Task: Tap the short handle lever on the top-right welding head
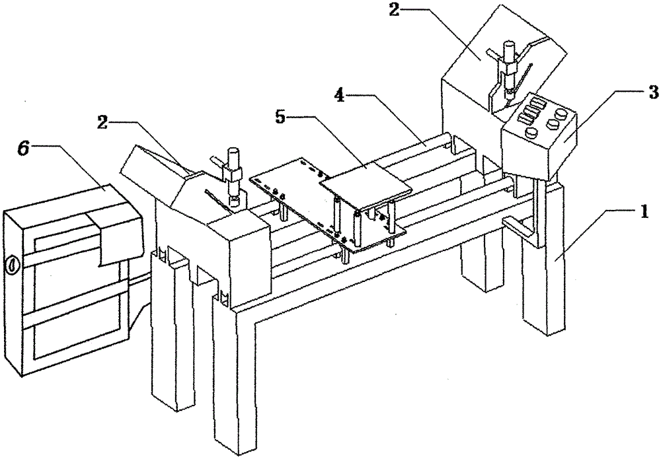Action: coord(494,53)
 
